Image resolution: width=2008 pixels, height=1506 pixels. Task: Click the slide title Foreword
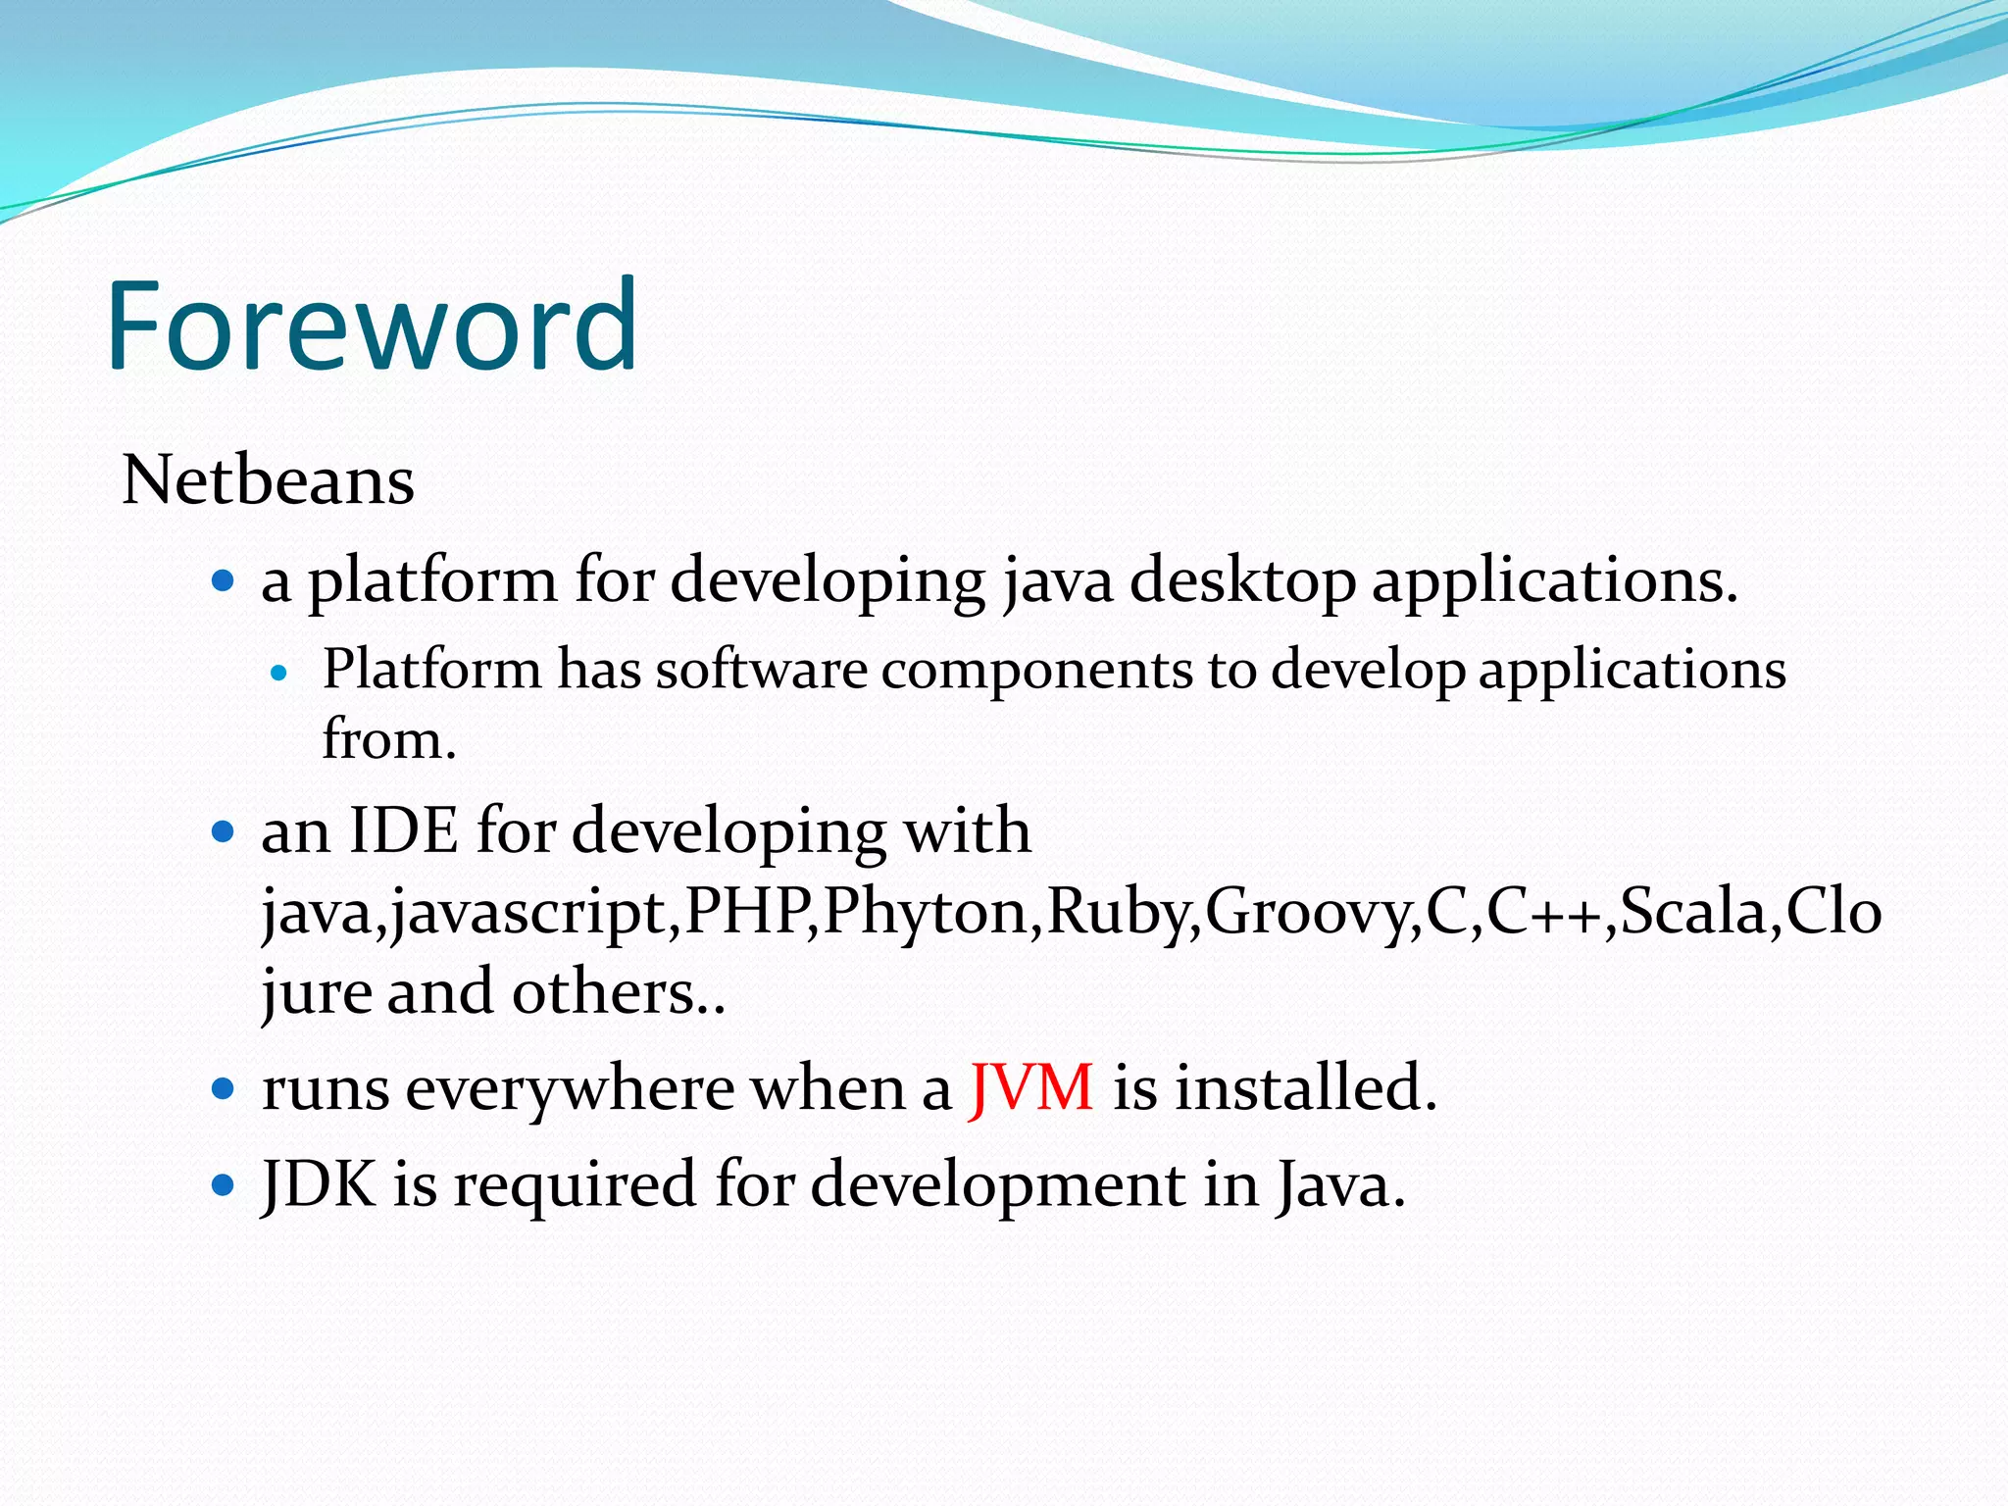tap(373, 326)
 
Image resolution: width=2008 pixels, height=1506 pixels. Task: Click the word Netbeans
tap(268, 480)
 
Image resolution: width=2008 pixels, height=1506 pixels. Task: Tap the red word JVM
tap(1030, 1087)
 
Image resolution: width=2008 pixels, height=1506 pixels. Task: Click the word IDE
tap(403, 831)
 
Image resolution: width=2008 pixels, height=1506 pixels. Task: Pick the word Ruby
tap(1119, 911)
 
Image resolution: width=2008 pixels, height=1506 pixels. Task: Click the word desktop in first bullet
tap(1242, 580)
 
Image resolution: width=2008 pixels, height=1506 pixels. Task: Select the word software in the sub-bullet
tap(761, 671)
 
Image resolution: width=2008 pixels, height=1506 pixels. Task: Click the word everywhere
tap(570, 1088)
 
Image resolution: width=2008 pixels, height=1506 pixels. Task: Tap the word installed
tap(1305, 1087)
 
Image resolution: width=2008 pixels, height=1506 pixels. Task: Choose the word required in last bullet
tap(575, 1184)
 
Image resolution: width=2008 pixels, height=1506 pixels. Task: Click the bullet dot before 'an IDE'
tap(224, 833)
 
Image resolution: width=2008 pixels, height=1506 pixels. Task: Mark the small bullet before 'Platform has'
tap(279, 674)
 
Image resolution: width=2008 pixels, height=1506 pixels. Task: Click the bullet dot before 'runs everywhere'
tap(224, 1088)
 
